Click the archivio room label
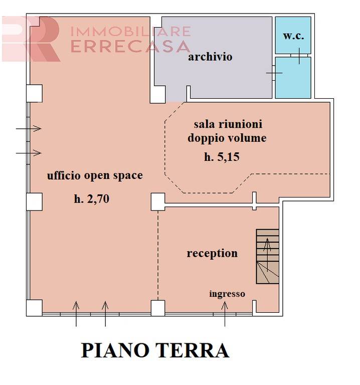[210, 57]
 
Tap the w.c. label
[293, 36]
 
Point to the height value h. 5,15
[222, 157]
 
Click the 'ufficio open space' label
[95, 175]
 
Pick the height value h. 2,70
[91, 199]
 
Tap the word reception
[212, 254]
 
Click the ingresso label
[227, 294]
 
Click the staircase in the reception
[267, 257]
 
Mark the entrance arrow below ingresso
[225, 314]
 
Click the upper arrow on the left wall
[29, 129]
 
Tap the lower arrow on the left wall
[29, 152]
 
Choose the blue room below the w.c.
[293, 78]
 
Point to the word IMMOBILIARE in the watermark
[130, 31]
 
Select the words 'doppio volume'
[227, 138]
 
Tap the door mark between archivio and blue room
[274, 73]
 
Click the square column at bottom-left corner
[34, 307]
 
